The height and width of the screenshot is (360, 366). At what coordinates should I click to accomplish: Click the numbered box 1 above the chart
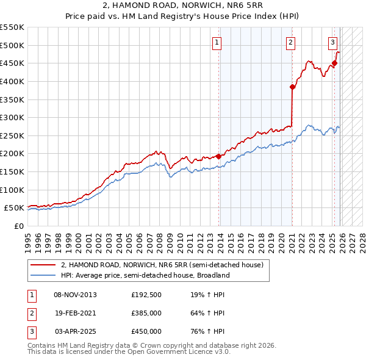(x=217, y=42)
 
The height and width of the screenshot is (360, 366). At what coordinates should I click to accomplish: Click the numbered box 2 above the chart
(x=290, y=42)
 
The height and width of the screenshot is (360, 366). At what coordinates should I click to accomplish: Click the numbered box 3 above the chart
(x=332, y=42)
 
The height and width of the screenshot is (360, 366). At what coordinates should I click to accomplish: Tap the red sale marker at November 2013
(x=218, y=156)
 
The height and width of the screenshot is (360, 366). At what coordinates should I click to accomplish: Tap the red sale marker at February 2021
(x=292, y=87)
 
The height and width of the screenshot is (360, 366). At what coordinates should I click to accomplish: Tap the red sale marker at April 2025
(x=335, y=63)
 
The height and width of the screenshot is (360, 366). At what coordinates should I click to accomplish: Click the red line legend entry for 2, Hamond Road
(x=162, y=265)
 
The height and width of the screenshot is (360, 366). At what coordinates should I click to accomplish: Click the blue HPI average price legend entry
(x=145, y=275)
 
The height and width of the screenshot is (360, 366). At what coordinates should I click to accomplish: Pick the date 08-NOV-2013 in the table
(x=75, y=295)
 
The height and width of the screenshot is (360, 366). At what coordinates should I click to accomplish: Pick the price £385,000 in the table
(x=146, y=313)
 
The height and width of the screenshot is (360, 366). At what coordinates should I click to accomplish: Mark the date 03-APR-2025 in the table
(x=75, y=331)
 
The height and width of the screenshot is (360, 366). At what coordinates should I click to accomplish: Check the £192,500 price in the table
(x=146, y=295)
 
